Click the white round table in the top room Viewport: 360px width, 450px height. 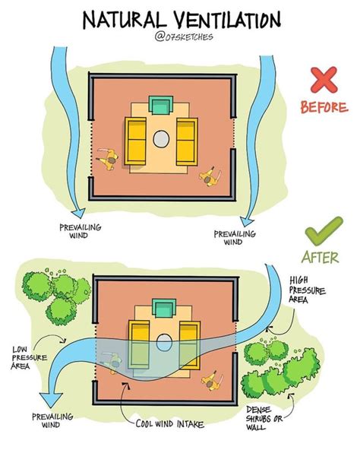(162, 138)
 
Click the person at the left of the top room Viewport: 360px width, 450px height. (109, 159)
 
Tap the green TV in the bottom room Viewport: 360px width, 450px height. (162, 307)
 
